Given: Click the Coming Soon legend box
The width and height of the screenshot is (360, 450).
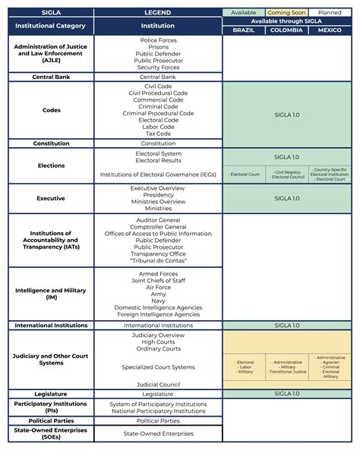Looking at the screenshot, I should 286,13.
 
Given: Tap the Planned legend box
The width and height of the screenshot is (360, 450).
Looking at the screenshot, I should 330,13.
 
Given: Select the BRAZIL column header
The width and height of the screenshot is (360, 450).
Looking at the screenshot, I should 244,30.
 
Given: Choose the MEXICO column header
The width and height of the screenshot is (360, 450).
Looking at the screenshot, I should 330,30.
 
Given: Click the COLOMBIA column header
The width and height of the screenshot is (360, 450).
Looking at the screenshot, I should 286,30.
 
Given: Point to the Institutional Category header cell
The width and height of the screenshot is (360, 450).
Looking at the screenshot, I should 52,27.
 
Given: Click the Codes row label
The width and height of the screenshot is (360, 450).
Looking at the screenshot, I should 52,110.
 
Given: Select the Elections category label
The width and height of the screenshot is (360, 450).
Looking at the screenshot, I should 52,165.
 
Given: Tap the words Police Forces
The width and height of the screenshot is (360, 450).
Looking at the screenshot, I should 159,39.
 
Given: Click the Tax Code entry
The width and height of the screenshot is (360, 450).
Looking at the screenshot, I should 159,134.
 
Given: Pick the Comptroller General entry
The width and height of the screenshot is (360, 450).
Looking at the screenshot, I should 159,226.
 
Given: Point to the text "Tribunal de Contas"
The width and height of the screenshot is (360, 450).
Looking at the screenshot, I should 159,260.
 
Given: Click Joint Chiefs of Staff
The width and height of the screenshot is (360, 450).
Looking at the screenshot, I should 159,281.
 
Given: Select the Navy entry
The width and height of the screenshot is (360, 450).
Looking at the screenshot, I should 159,301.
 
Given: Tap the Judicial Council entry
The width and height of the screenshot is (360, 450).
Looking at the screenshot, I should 159,384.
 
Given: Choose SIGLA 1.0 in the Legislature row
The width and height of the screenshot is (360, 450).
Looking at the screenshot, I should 286,394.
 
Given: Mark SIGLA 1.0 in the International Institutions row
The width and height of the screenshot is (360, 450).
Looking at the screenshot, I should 286,325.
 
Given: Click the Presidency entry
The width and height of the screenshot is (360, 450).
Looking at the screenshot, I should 159,195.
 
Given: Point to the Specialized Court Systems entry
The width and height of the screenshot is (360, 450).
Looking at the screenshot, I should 159,367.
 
